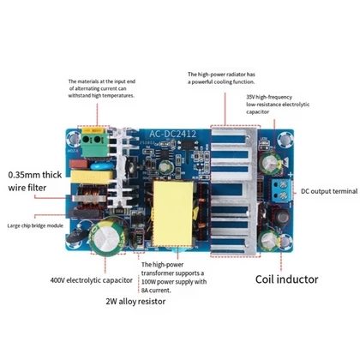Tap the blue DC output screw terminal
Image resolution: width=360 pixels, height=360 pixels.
tap(281, 190)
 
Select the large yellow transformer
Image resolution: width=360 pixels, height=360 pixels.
tap(173, 213)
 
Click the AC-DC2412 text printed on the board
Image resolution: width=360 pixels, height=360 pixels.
tap(173, 134)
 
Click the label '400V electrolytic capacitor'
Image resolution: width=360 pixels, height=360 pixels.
tap(92, 280)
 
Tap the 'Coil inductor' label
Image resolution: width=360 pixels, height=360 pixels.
tap(286, 279)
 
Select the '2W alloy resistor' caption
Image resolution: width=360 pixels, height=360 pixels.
tap(135, 302)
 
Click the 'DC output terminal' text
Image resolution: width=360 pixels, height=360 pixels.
tap(329, 191)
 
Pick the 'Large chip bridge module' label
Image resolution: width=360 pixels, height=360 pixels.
tap(35, 225)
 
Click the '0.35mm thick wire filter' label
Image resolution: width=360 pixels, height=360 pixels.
tap(34, 181)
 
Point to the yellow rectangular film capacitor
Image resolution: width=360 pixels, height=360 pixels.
tap(92, 177)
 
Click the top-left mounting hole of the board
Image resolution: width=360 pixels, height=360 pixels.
tap(73, 139)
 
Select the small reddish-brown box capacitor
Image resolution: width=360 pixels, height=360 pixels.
tap(79, 164)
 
